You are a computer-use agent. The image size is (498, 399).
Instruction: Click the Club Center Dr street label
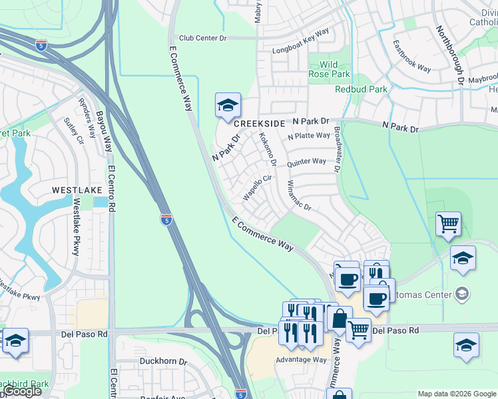point(198,38)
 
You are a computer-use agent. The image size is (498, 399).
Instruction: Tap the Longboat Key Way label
point(301,50)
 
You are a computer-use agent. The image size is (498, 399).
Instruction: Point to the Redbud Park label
point(361,89)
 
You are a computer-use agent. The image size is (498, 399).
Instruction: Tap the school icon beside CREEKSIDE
point(228,106)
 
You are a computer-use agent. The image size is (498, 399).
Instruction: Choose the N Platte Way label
point(309,136)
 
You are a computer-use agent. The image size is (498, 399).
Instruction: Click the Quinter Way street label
point(306,162)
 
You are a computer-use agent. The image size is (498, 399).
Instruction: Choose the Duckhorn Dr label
point(164,362)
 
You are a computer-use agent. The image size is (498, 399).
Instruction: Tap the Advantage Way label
point(302,360)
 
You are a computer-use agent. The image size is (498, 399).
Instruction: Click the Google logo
point(23,391)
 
